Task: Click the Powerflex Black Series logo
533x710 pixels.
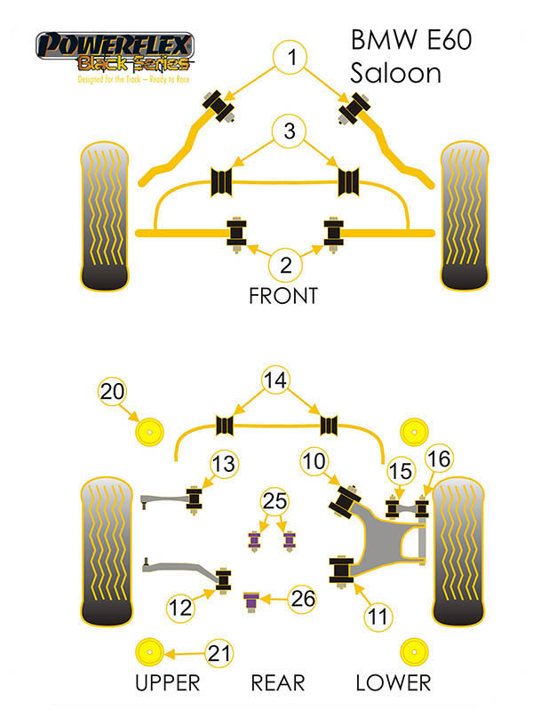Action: (114, 55)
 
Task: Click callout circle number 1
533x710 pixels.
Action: (289, 60)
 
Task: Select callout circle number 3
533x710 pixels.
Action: (289, 132)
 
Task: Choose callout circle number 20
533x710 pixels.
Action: (113, 390)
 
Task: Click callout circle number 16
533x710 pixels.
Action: (440, 459)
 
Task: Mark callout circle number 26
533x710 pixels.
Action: (303, 600)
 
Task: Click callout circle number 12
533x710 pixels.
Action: (179, 608)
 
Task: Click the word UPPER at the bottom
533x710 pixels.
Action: (168, 682)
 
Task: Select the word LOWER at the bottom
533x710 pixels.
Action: (393, 682)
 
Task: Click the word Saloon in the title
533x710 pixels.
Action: (395, 73)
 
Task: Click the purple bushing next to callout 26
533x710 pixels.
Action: (251, 602)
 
